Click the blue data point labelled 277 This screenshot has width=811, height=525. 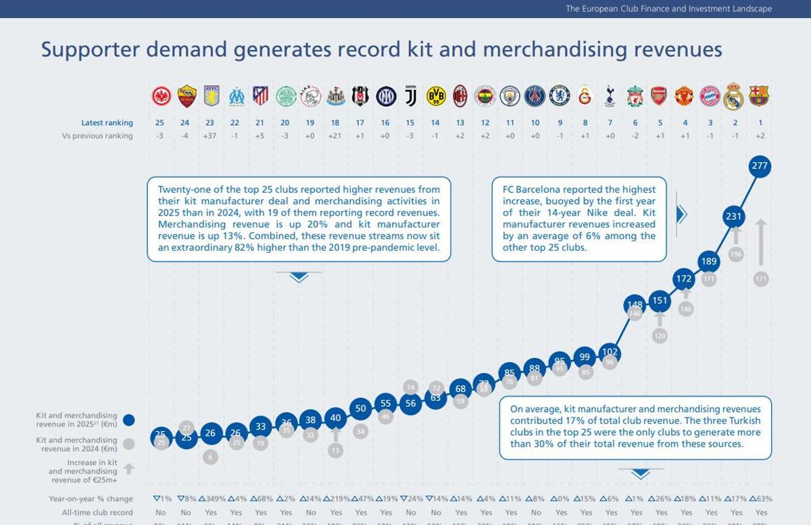tap(760, 166)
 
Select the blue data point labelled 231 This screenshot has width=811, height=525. tap(734, 217)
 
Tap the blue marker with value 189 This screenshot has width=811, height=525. tap(709, 262)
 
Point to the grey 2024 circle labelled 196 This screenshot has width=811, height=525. tap(736, 254)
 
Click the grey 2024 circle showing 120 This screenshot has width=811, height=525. tap(660, 336)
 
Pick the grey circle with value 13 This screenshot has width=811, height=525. tap(336, 450)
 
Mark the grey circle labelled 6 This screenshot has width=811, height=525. tap(210, 457)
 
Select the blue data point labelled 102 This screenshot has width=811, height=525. tap(610, 352)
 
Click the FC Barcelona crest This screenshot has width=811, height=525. tap(760, 96)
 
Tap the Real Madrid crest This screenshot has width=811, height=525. tap(734, 96)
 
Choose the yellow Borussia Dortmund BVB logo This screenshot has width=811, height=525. tap(436, 96)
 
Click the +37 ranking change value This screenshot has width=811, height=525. tap(210, 136)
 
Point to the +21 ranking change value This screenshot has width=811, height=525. tap(335, 136)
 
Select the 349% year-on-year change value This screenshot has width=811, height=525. tap(212, 499)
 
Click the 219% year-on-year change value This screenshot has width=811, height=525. tap(337, 499)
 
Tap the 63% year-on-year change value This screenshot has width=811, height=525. tap(760, 499)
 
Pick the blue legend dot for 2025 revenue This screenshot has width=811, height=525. tap(128, 420)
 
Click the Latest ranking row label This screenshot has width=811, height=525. tap(107, 123)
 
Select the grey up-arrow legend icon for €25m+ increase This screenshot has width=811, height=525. tap(128, 468)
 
